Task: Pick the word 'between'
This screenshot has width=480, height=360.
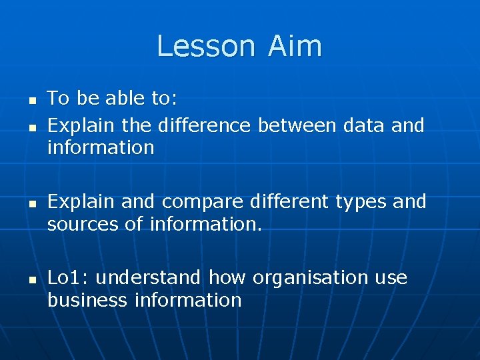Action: click(x=297, y=125)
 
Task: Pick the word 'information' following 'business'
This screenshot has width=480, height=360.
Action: click(x=188, y=300)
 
